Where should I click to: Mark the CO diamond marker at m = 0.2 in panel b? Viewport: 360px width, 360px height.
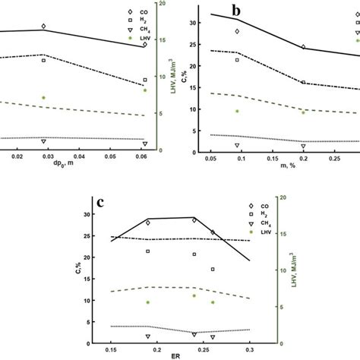(304, 47)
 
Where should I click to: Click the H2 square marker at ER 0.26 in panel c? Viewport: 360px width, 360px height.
(213, 269)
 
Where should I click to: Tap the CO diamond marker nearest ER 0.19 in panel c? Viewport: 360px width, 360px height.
(148, 223)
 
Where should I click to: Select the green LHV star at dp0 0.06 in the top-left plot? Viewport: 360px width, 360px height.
(145, 90)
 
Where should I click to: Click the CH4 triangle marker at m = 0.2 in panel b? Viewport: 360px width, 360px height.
(304, 146)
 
